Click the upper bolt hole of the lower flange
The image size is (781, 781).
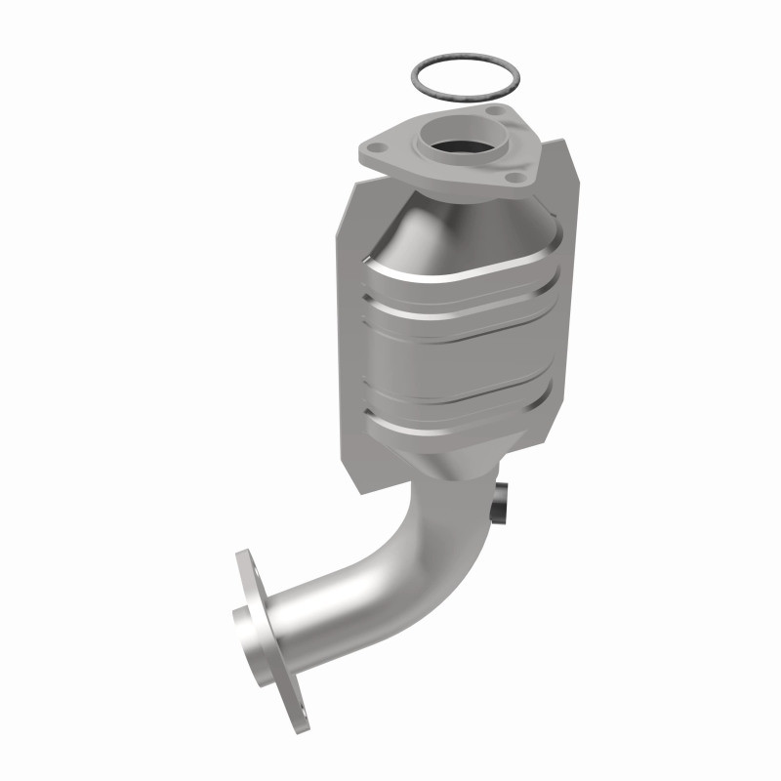tap(242, 563)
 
